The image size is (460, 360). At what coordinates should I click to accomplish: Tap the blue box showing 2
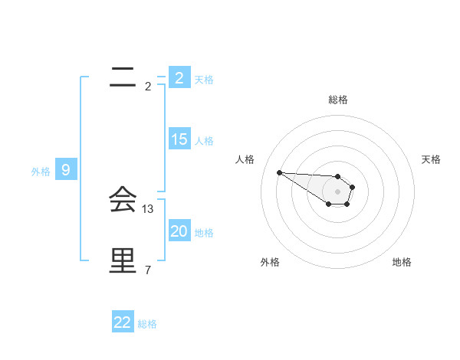pos(179,77)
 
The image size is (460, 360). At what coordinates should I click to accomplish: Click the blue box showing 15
pos(179,139)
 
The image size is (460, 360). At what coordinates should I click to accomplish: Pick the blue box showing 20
pos(179,231)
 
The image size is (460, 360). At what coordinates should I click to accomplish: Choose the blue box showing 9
pos(66,170)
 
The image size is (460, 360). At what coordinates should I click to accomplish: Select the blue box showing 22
pos(123,322)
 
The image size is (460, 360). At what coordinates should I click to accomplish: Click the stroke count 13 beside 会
pos(148,208)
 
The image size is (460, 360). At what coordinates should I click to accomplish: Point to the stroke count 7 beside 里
pos(148,270)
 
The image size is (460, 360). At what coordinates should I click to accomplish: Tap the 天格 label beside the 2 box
pos(204,79)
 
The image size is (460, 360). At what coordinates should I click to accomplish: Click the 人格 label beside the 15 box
pos(204,141)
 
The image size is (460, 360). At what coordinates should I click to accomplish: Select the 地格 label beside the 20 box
pos(204,233)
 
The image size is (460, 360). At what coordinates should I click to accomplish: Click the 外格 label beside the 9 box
pos(41,172)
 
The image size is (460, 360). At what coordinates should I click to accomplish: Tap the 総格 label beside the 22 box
pos(147,324)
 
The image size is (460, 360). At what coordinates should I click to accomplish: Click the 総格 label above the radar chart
pos(338,100)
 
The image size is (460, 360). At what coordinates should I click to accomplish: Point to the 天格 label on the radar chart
pos(431,159)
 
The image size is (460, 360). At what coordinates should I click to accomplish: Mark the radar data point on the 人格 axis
pos(279,172)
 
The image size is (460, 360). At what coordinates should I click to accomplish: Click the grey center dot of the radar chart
pos(338,191)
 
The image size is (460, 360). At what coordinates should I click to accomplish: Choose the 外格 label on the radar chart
pos(270,262)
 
